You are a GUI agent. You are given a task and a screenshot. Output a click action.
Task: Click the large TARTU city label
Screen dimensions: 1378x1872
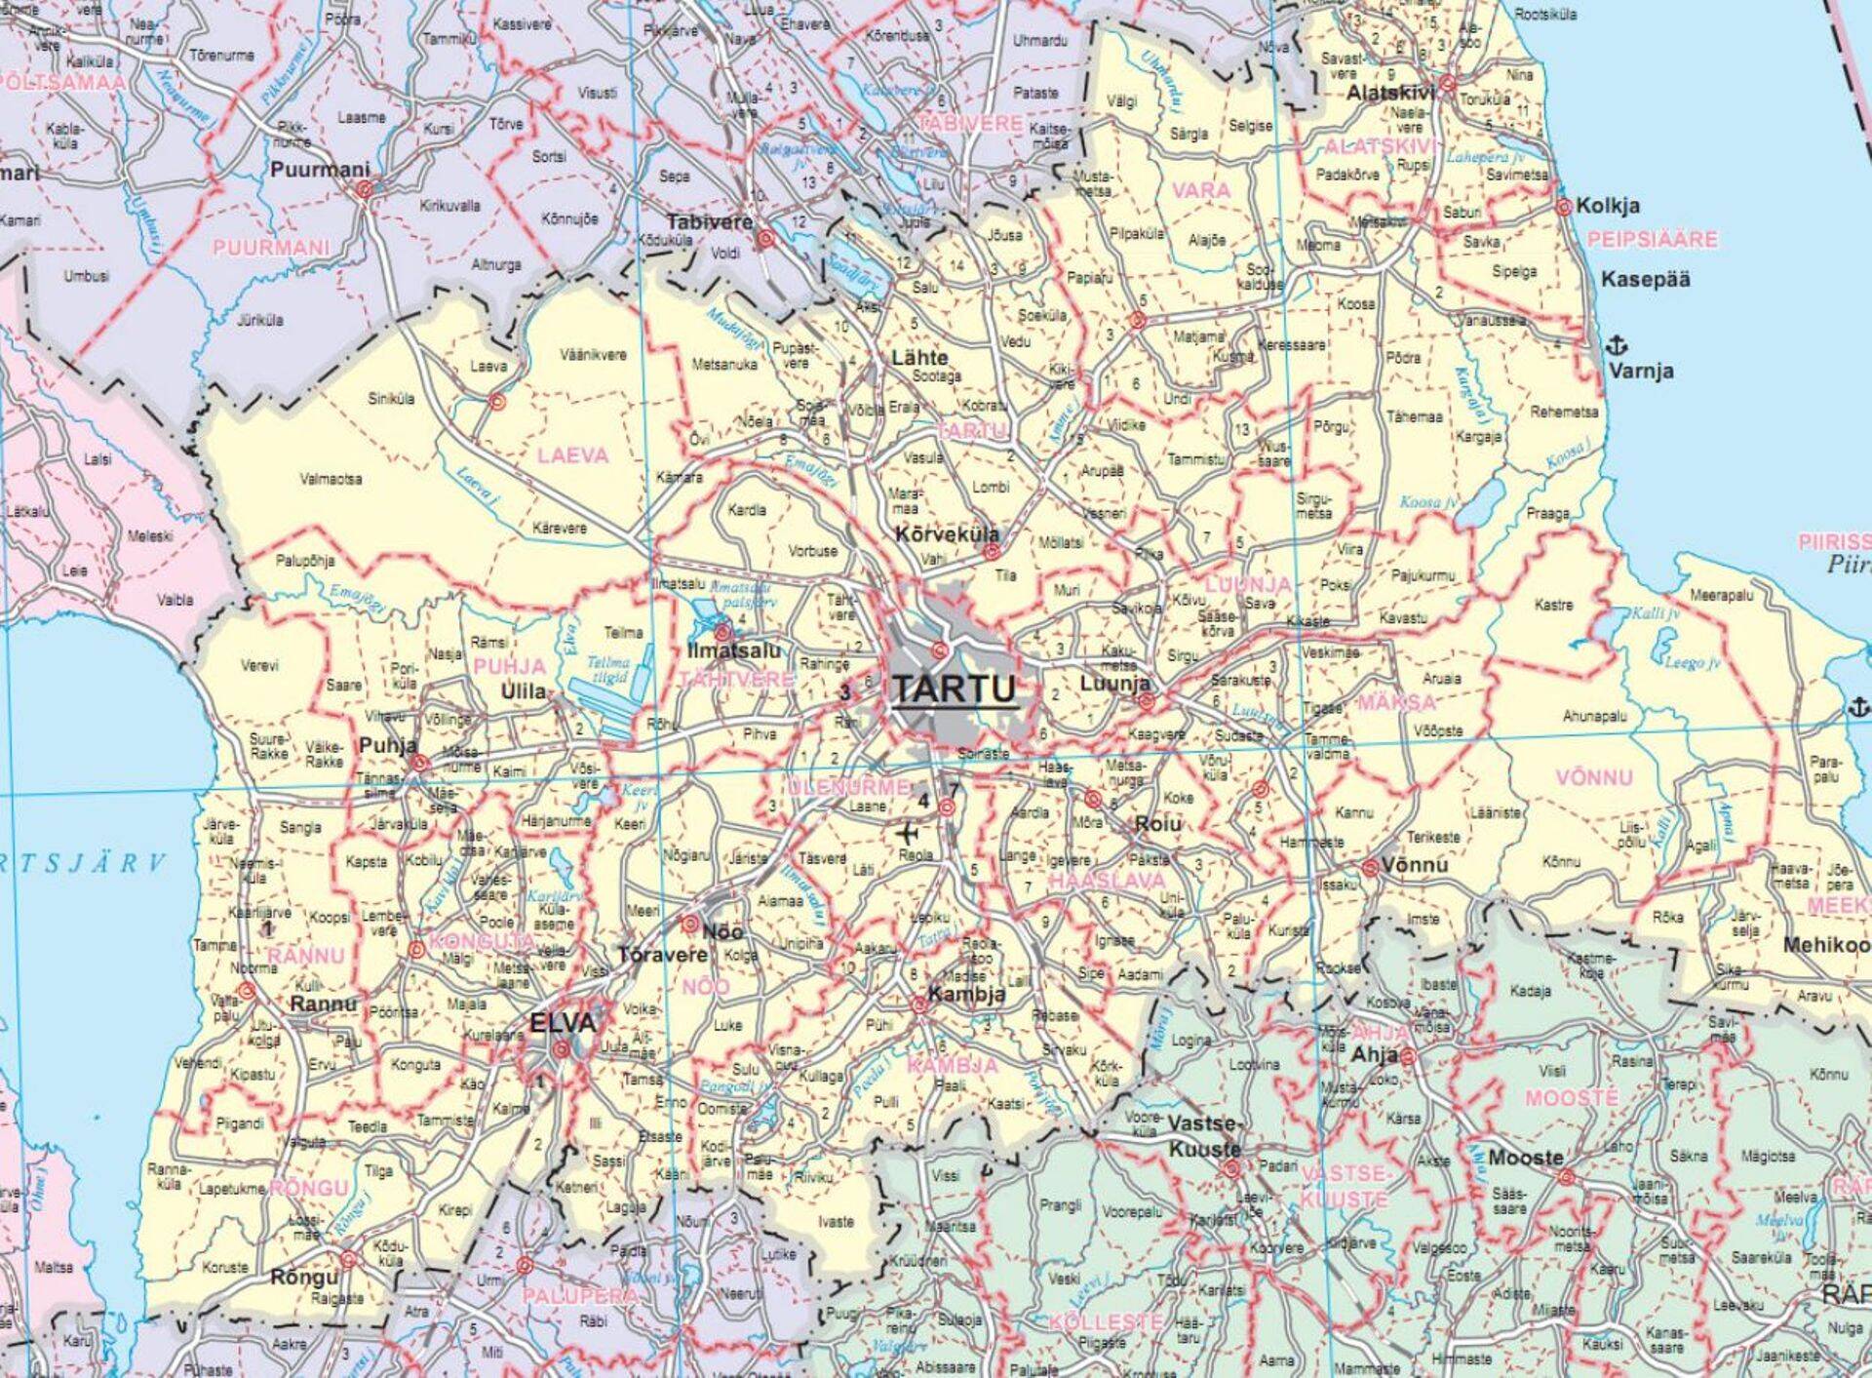pyautogui.click(x=955, y=689)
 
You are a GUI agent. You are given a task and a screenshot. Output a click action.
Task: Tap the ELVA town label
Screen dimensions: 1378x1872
pyautogui.click(x=562, y=1023)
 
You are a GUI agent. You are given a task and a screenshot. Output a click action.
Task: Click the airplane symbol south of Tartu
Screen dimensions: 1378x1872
pyautogui.click(x=908, y=835)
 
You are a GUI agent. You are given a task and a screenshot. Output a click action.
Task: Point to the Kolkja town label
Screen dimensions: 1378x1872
pyautogui.click(x=1608, y=207)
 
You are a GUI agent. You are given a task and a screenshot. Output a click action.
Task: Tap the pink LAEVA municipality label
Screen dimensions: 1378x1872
pyautogui.click(x=572, y=455)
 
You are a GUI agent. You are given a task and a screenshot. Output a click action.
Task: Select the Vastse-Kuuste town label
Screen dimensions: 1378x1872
pyautogui.click(x=1204, y=1136)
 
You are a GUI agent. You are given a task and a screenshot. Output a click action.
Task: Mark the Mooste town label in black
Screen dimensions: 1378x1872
pyautogui.click(x=1525, y=1158)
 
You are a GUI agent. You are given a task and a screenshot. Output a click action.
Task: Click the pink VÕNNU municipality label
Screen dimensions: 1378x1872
pyautogui.click(x=1593, y=778)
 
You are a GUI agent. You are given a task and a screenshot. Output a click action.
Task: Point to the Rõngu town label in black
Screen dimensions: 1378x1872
pyautogui.click(x=303, y=1278)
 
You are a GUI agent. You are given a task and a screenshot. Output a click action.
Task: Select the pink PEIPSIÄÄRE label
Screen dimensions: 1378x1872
pyautogui.click(x=1652, y=240)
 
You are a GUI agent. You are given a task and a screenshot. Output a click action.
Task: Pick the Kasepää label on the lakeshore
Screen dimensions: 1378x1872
pyautogui.click(x=1645, y=280)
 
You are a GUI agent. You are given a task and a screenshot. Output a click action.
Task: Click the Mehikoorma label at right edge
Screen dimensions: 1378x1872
pyautogui.click(x=1826, y=945)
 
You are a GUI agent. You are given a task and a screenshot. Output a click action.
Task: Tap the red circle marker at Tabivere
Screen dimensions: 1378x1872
pyautogui.click(x=766, y=238)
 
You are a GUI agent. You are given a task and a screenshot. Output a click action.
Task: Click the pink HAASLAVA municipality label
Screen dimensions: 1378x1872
pyautogui.click(x=1106, y=881)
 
